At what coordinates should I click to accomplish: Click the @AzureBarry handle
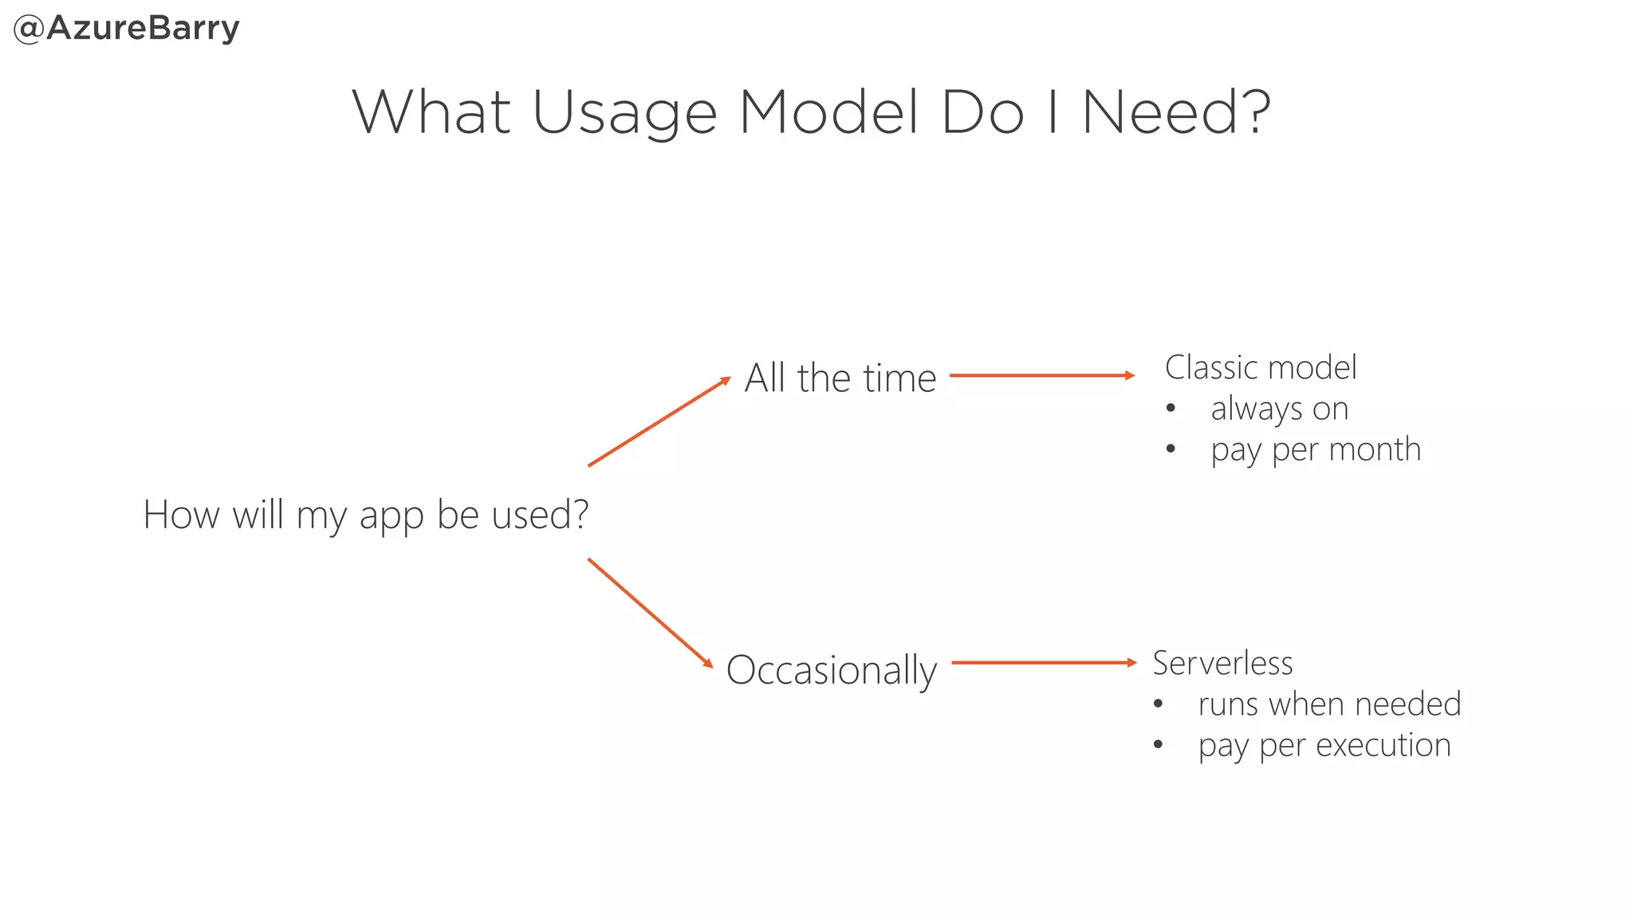coord(126,29)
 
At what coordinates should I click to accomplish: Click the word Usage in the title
coord(624,113)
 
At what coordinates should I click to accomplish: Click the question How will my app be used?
coord(365,515)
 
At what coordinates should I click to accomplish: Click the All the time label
coord(840,378)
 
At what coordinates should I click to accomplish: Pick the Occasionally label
coord(831,670)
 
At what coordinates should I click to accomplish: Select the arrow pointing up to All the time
coord(659,422)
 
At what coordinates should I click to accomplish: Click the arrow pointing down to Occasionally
coord(650,613)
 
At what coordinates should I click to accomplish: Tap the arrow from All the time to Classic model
coord(1041,375)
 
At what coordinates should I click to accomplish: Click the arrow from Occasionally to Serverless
coord(1043,662)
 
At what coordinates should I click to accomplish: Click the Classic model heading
coord(1260,367)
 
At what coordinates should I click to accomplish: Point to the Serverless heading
coord(1222,663)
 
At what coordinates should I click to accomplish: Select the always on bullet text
coord(1279,409)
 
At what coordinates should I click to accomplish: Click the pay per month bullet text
coord(1315,449)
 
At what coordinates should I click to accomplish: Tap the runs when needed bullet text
coord(1328,704)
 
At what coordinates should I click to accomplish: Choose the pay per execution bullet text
coord(1324,746)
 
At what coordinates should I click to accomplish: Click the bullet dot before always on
coord(1170,409)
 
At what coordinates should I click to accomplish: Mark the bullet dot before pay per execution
coord(1158,745)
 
